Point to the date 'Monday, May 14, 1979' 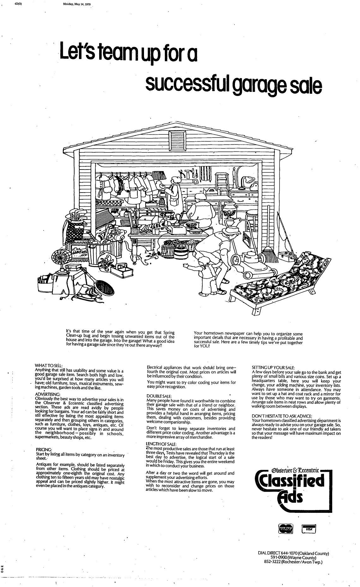click(x=77, y=4)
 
